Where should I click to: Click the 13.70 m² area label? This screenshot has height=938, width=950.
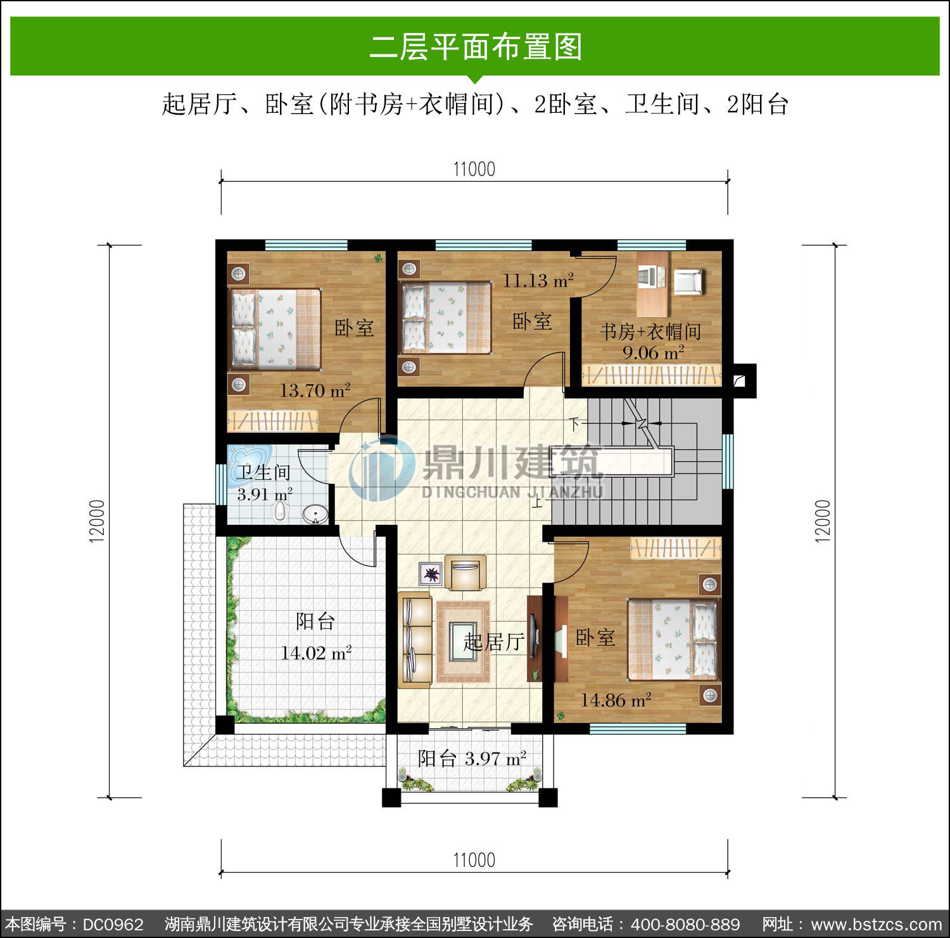[315, 390]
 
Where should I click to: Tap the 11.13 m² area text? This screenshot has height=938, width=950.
[538, 280]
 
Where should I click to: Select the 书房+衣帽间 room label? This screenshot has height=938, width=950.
[650, 331]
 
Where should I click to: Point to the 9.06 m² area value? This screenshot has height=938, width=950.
[653, 352]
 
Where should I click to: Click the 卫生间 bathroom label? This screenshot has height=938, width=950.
[263, 472]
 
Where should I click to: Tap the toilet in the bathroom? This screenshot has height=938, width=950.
[279, 511]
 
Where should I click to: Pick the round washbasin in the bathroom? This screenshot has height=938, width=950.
[315, 514]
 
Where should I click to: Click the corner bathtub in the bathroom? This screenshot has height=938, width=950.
[250, 458]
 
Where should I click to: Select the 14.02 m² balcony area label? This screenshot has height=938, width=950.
[316, 653]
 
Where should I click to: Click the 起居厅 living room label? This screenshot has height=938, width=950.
[493, 642]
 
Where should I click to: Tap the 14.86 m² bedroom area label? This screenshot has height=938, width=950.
[616, 700]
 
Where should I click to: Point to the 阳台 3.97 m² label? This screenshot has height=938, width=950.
[472, 758]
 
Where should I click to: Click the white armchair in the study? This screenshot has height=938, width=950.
[688, 282]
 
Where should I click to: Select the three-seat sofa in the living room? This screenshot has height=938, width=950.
[415, 639]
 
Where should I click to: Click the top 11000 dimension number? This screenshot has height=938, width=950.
[474, 169]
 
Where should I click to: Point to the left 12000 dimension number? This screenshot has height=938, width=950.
[96, 521]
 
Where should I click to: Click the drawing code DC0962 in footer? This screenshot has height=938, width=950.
[113, 925]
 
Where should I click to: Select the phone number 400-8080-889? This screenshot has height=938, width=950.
[685, 925]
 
